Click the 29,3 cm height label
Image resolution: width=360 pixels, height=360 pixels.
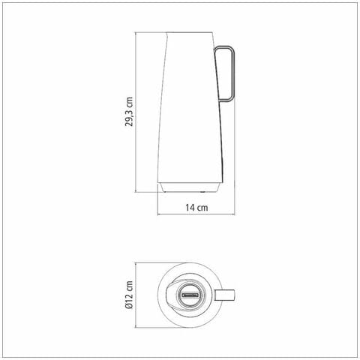click(x=129, y=112)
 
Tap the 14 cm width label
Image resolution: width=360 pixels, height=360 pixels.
click(x=196, y=208)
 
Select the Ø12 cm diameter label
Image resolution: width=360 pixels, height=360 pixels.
click(x=129, y=295)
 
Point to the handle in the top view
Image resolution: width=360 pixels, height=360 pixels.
click(x=224, y=295)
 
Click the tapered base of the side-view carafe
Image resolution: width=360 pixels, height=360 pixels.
click(x=190, y=187)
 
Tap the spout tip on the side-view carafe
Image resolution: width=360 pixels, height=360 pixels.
click(x=166, y=33)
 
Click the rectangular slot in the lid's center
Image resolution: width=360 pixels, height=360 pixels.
click(x=190, y=295)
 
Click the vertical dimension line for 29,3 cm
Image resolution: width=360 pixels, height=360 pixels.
click(x=135, y=112)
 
